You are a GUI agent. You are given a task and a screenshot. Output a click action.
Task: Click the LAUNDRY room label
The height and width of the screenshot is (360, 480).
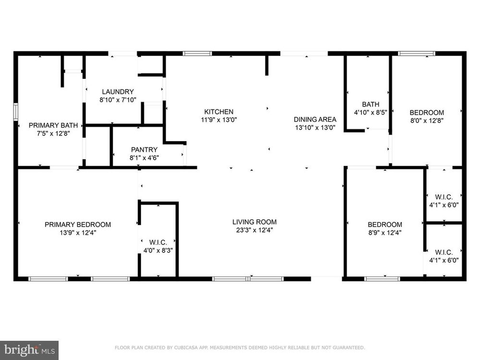click(x=118, y=92)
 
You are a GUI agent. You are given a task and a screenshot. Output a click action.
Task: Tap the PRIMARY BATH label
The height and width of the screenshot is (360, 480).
click(x=53, y=125)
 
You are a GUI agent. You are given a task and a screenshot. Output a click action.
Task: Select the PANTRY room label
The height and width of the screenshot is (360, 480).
click(x=144, y=150)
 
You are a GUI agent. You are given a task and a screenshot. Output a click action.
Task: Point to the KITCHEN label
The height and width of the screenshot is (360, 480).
click(x=219, y=112)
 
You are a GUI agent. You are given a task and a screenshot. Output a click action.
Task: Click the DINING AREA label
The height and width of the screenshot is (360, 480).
click(x=315, y=120)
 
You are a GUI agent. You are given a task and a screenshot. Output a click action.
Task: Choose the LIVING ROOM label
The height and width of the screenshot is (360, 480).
click(x=254, y=222)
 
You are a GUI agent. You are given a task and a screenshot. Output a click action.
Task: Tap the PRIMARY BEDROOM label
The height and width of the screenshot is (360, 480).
click(x=78, y=225)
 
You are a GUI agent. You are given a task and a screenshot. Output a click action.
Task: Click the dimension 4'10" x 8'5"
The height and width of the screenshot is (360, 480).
click(x=371, y=112)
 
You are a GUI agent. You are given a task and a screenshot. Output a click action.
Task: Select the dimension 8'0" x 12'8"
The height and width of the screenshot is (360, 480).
click(x=427, y=120)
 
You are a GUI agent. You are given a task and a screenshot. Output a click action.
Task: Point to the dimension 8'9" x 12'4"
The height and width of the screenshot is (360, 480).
click(x=385, y=233)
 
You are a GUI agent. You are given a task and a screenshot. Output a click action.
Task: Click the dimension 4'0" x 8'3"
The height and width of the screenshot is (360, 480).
click(x=158, y=251)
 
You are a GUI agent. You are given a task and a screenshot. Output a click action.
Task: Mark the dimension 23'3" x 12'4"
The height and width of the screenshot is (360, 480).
click(x=254, y=230)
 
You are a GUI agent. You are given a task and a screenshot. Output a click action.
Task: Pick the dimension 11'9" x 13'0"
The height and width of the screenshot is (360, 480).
click(x=219, y=120)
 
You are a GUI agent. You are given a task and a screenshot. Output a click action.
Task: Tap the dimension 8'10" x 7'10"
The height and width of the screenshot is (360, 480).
click(x=118, y=99)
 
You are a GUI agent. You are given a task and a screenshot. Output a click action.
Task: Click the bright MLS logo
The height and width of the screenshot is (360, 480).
click(x=29, y=350)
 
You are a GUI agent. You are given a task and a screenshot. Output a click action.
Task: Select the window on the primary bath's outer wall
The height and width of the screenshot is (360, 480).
click(x=16, y=112)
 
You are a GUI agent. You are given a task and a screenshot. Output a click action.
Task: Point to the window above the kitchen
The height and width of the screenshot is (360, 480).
click(x=197, y=54)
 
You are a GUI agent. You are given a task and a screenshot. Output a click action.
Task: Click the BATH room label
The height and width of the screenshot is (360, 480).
click(x=371, y=104)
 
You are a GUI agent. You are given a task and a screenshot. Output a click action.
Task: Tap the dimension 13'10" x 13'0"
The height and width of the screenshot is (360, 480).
click(x=315, y=127)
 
